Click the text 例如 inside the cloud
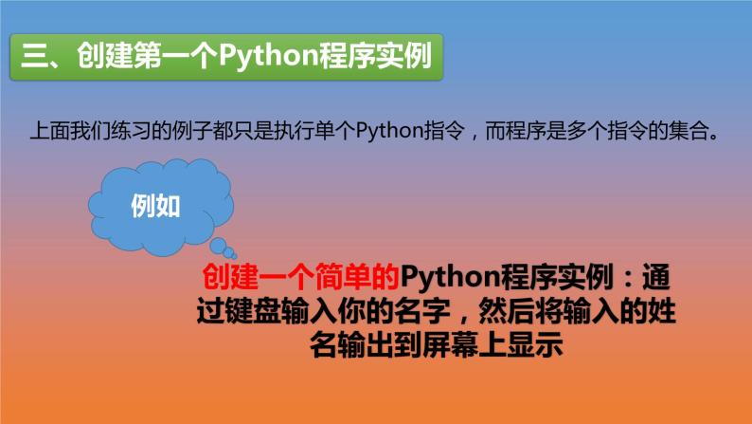(154, 206)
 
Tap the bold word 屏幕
(454, 345)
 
